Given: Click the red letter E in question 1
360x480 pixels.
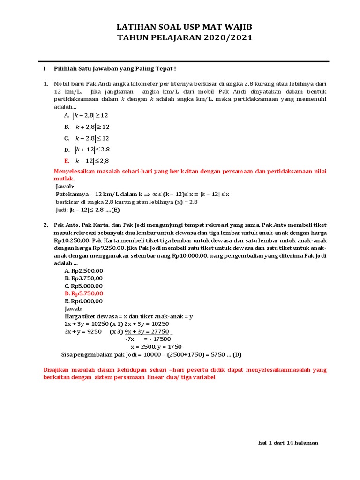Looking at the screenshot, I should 67,161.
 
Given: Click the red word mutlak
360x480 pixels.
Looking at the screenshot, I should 65,179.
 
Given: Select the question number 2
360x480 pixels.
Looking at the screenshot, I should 46,225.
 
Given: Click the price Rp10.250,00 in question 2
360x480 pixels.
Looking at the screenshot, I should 71,240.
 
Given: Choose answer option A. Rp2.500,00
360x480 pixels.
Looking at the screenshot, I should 84,271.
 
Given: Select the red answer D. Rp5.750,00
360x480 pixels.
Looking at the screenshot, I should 84,293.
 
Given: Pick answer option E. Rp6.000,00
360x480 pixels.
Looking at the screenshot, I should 83,301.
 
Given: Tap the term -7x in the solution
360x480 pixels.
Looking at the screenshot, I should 130,339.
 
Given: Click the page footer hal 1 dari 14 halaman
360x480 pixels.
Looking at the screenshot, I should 288,443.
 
